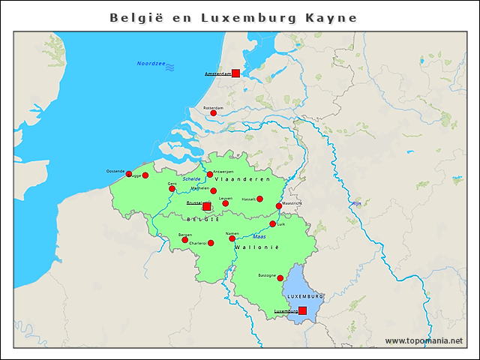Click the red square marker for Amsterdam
pos(235,73)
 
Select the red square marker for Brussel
pos(207,206)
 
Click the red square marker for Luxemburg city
pos(302,310)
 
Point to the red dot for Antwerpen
pos(210,175)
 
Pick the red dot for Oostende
pos(128,174)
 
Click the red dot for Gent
pos(172,188)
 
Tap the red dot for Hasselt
pos(260,199)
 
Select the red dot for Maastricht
pos(279,206)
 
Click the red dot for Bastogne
pos(280,278)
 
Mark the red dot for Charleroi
pos(211,243)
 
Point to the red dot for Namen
pos(232,238)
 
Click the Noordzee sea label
pos(151,64)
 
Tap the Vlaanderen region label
pos(242,180)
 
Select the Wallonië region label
pos(257,247)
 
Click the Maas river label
pos(259,237)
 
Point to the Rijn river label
pos(357,204)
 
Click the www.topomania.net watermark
pos(424,341)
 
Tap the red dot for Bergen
pos(184,241)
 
